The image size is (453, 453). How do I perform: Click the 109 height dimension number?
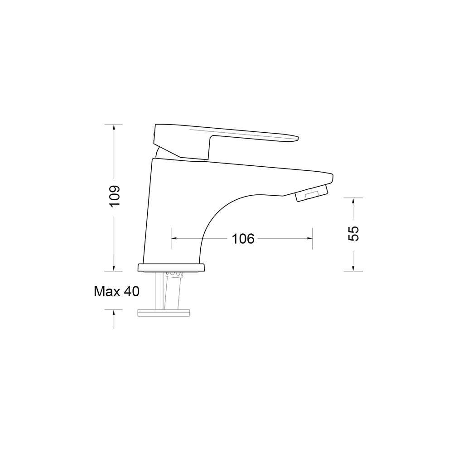[x=115, y=196]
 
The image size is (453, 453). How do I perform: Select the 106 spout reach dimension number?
[x=243, y=239]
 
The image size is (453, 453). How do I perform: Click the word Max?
[x=107, y=291]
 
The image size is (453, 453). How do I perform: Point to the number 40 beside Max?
[x=132, y=291]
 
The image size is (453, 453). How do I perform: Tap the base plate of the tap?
[x=171, y=268]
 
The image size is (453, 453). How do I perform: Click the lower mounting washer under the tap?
[x=164, y=313]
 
